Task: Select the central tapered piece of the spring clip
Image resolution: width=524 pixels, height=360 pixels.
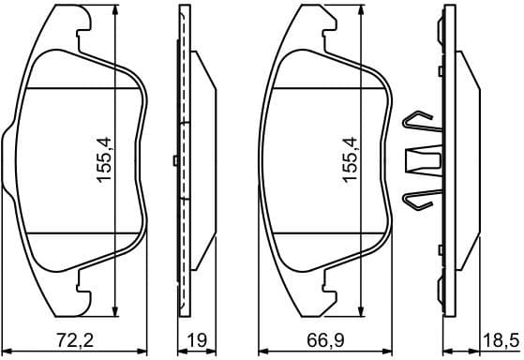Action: coord(424,162)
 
